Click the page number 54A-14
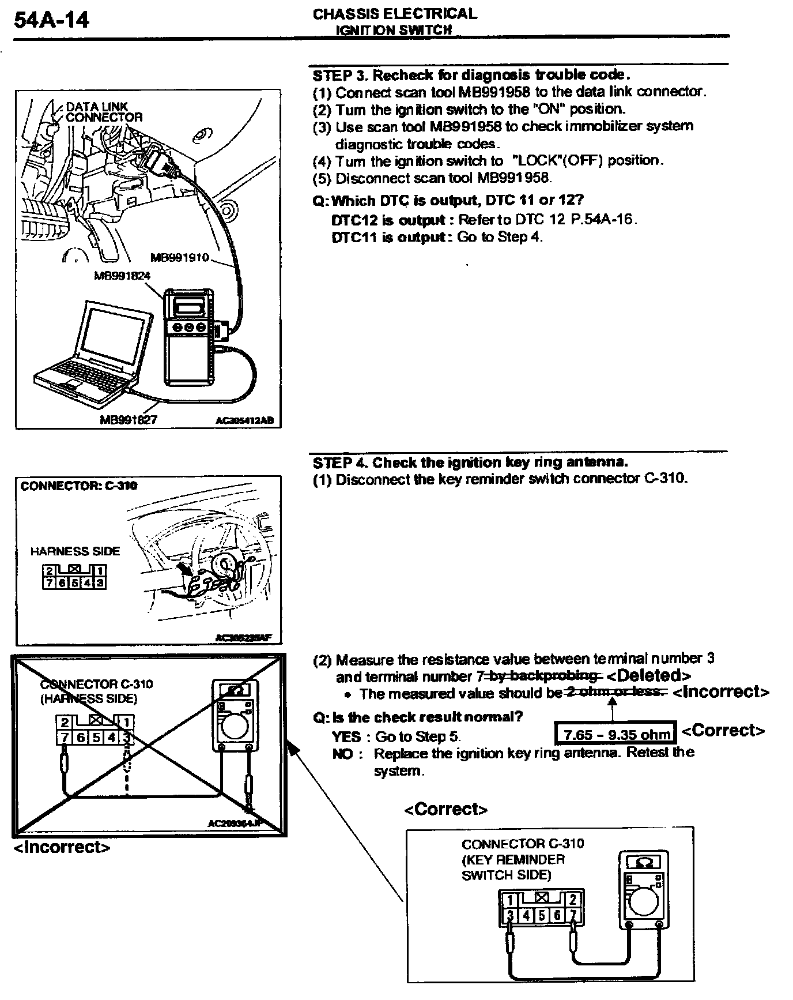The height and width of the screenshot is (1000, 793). [51, 21]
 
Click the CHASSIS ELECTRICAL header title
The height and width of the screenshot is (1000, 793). [395, 14]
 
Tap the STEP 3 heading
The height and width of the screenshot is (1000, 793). [471, 75]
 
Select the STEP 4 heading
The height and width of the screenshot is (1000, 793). [470, 463]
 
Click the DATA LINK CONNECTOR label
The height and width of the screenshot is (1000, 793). [104, 112]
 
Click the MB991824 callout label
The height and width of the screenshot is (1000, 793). [122, 276]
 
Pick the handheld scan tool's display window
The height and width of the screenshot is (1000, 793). [191, 304]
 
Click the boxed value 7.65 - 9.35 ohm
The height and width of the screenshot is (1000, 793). [617, 734]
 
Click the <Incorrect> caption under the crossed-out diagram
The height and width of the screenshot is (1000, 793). [62, 847]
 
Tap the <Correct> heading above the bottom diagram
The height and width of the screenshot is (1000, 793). [445, 810]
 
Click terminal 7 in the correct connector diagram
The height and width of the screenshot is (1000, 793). [572, 915]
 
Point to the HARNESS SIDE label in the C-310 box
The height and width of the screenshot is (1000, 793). [75, 551]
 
